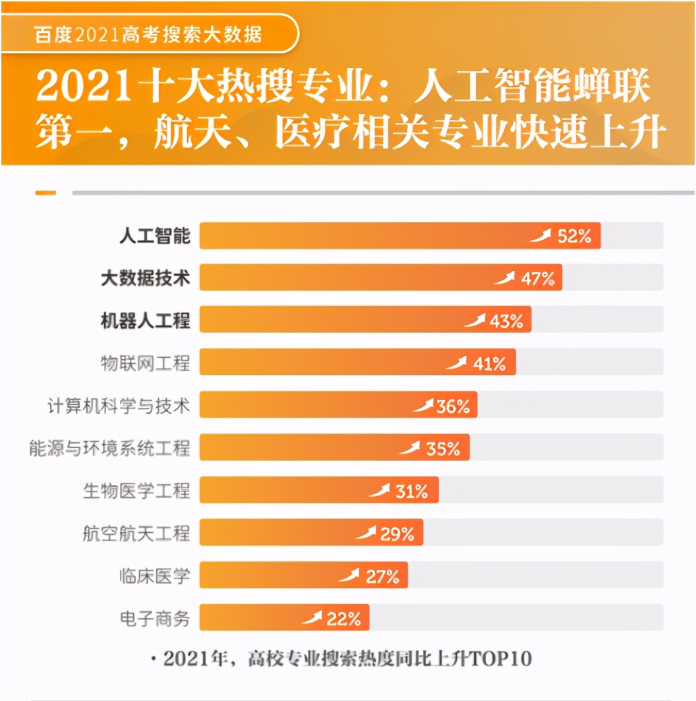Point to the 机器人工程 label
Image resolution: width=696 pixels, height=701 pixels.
click(145, 321)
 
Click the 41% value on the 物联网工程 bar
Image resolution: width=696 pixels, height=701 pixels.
click(489, 363)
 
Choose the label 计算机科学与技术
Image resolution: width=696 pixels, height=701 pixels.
click(119, 406)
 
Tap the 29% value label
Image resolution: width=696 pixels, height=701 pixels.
click(397, 534)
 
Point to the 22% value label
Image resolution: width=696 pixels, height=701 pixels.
click(343, 619)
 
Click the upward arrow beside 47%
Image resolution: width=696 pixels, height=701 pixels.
click(505, 278)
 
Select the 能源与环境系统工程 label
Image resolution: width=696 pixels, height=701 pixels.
click(109, 449)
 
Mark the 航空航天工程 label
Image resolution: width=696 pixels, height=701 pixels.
click(136, 534)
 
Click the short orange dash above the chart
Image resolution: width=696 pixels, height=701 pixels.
click(45, 193)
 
